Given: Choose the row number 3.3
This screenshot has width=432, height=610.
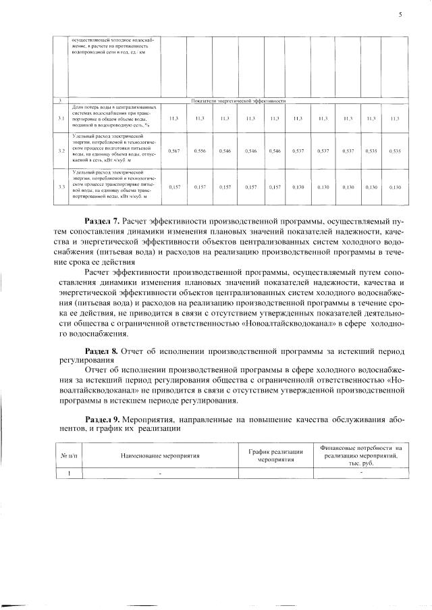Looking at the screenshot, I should pos(61,186).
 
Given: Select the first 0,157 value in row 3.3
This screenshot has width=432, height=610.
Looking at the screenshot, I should pos(173,186).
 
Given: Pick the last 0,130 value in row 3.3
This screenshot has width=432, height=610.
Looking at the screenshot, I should pos(395,186).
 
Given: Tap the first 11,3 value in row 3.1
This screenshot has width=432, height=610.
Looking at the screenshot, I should pos(173,118).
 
